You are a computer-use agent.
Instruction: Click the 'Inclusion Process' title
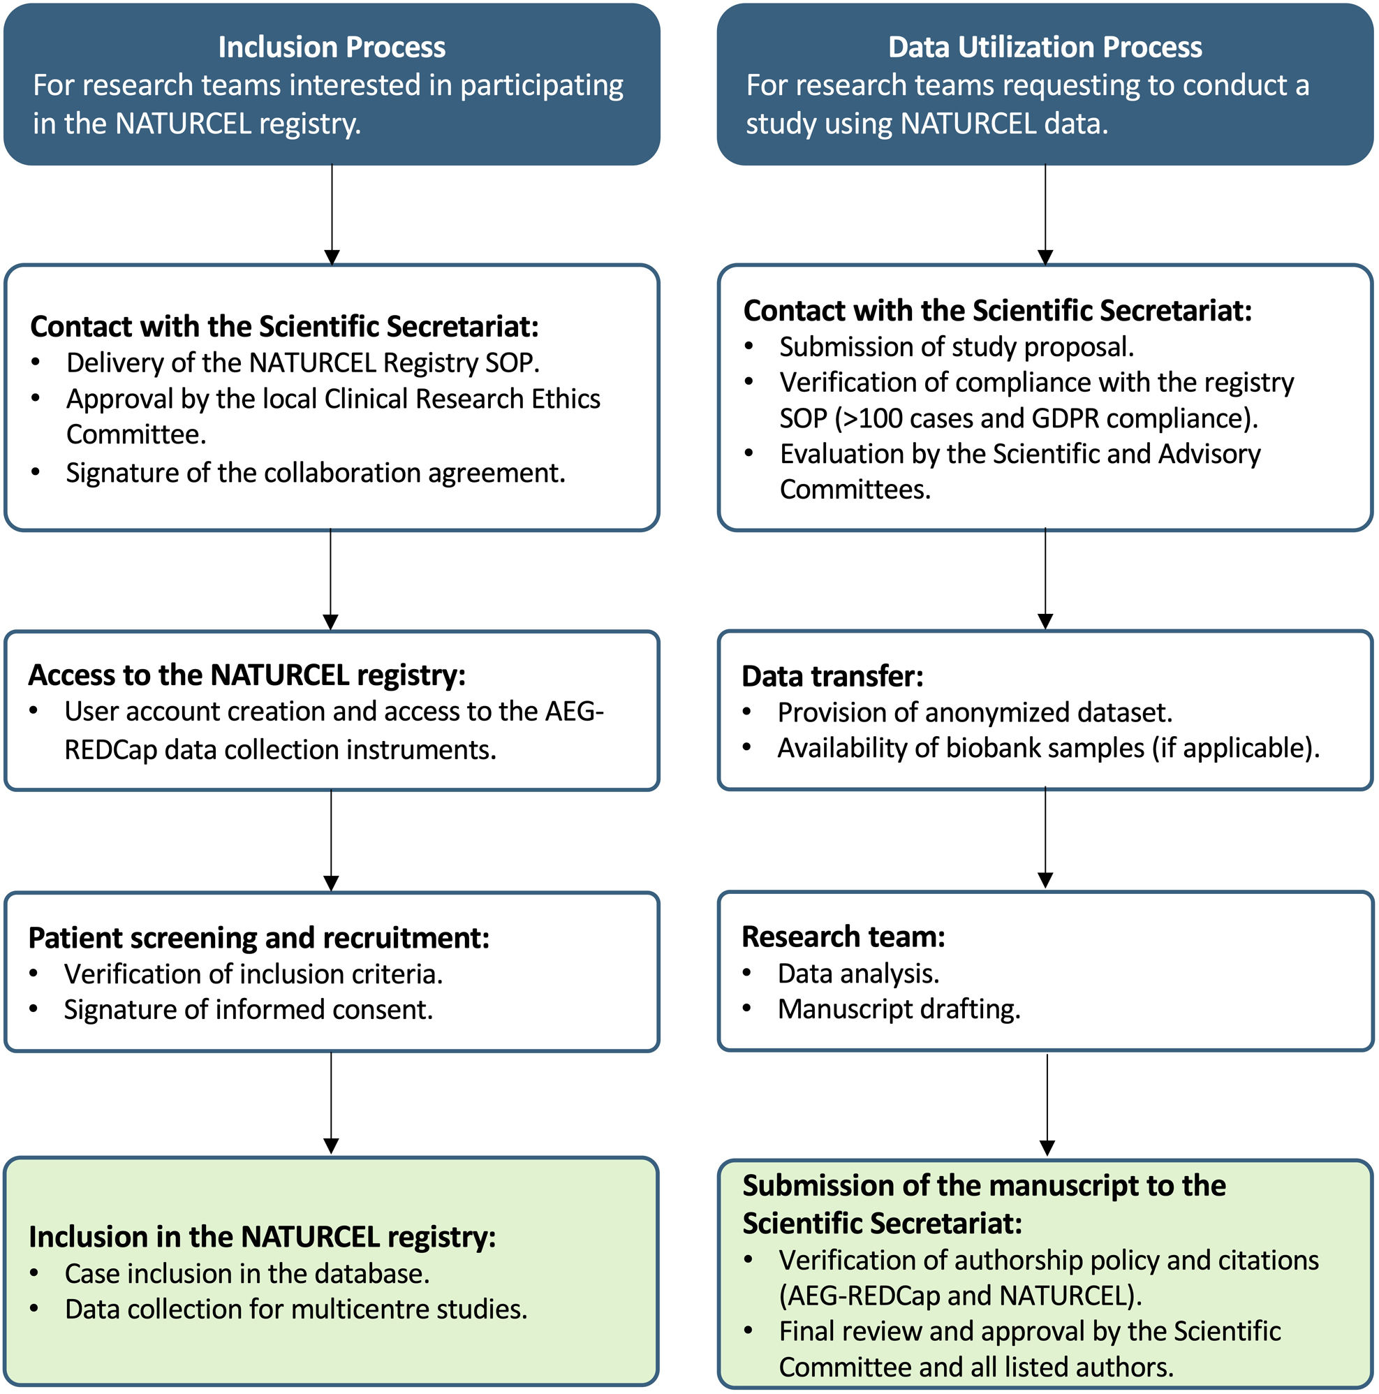tap(332, 47)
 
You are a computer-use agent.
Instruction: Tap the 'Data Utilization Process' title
tap(1045, 47)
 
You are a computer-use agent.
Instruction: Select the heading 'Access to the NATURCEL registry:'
tap(246, 675)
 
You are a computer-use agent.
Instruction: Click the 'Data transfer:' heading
tap(832, 677)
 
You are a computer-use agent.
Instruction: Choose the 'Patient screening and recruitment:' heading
tap(259, 938)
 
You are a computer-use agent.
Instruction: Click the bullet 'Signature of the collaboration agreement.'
tap(315, 473)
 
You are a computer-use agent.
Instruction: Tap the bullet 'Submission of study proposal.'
tap(957, 347)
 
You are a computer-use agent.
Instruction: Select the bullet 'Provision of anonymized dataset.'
tap(975, 713)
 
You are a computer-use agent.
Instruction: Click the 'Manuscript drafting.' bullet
tap(899, 1008)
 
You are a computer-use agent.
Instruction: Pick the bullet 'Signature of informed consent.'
tap(248, 1009)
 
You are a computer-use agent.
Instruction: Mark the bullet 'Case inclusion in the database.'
tap(246, 1273)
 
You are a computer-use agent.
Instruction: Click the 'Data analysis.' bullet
tap(858, 974)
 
